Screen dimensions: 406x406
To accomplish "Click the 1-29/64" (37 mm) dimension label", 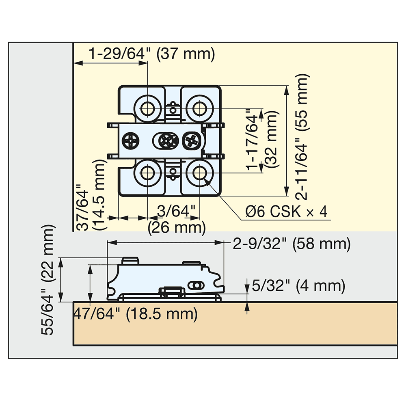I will [x=151, y=54].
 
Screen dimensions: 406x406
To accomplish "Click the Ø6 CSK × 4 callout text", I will [x=287, y=212].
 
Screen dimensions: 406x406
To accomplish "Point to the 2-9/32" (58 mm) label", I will [x=292, y=244].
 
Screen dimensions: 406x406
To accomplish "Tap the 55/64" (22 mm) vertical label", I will [x=48, y=280].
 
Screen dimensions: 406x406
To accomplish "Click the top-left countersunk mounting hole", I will [x=147, y=108].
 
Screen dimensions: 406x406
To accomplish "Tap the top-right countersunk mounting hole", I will [x=199, y=108].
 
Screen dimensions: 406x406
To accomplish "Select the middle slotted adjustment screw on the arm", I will [x=166, y=141].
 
